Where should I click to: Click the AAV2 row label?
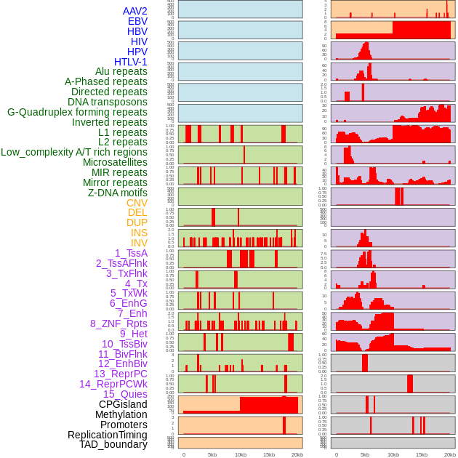(x=134, y=11)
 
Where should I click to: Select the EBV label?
(x=137, y=21)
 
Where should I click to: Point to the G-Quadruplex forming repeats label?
(x=77, y=112)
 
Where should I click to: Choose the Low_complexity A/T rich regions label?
(x=74, y=152)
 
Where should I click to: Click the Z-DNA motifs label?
(x=118, y=193)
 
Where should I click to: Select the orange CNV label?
(x=137, y=203)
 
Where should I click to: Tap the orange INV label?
(x=139, y=243)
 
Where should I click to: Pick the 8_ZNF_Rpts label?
(x=118, y=324)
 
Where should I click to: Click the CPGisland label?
(x=123, y=404)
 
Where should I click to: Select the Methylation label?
(x=121, y=414)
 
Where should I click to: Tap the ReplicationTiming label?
(x=108, y=435)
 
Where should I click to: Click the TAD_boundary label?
(x=113, y=444)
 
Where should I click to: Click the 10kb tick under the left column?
(x=240, y=454)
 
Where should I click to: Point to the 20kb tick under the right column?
(x=450, y=454)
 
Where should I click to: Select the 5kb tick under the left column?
(x=212, y=454)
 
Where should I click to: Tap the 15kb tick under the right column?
(x=422, y=454)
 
